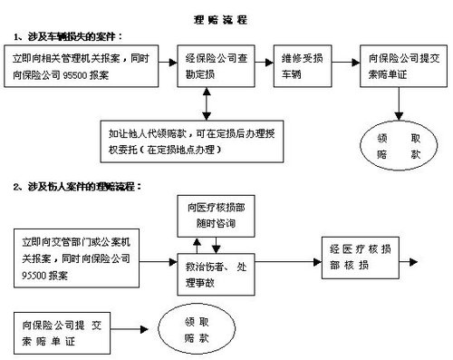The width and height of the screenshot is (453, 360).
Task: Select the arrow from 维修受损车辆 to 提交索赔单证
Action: (344, 63)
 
